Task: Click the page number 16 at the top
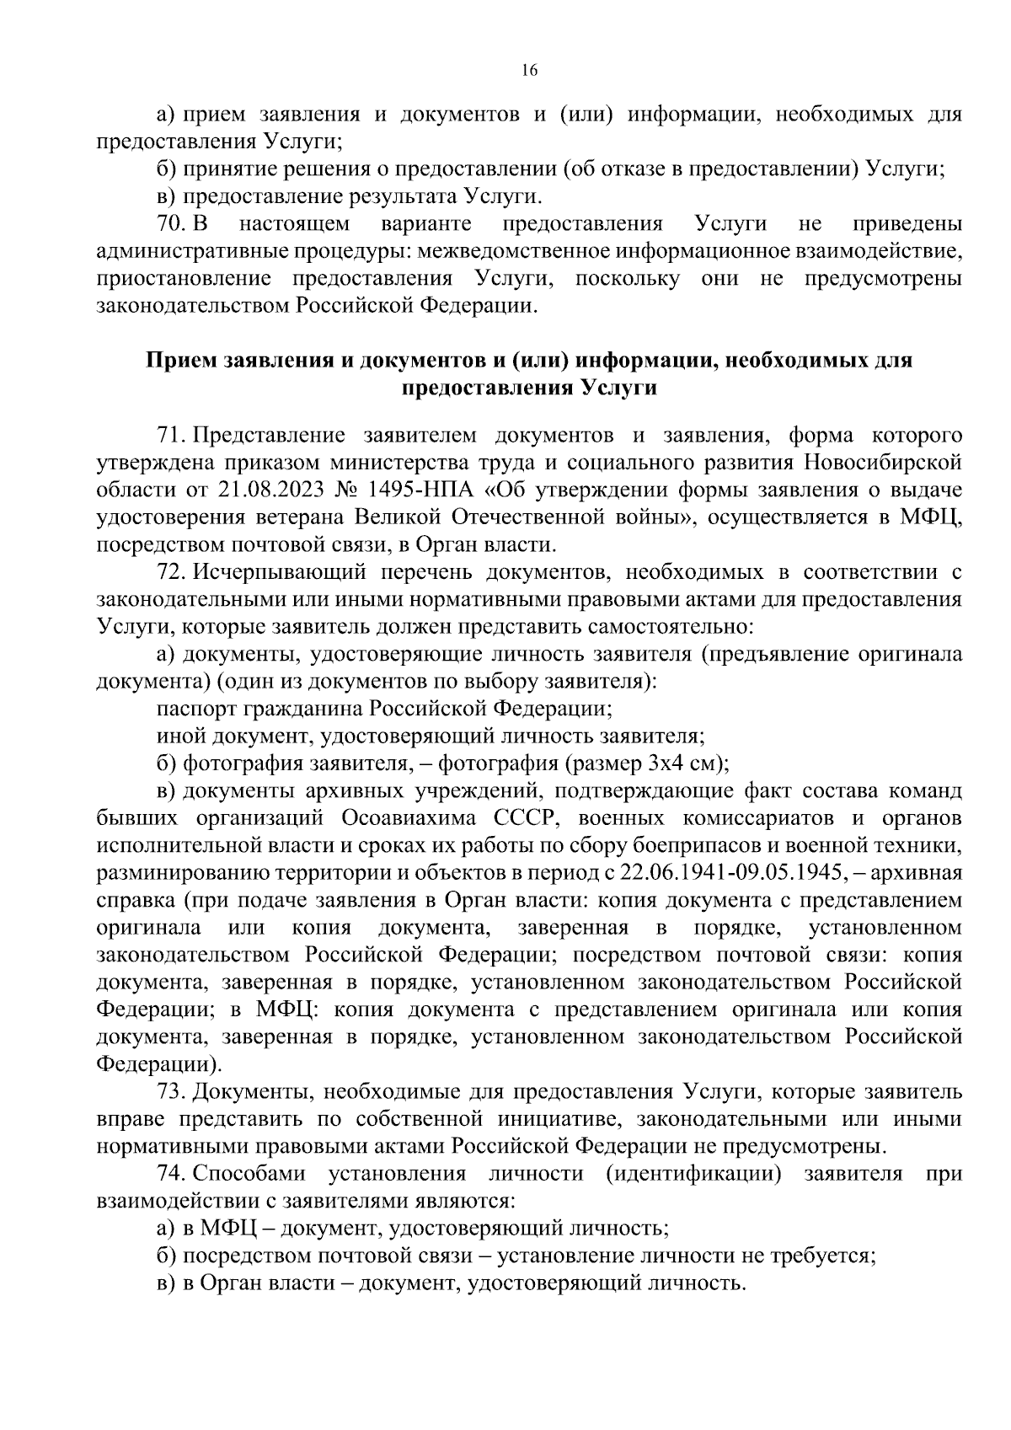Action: tap(529, 71)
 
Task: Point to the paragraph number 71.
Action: tap(170, 436)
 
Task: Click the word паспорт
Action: tap(190, 709)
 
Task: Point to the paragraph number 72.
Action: tap(171, 573)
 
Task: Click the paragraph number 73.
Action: tap(171, 1092)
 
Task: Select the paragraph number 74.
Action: tap(171, 1174)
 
